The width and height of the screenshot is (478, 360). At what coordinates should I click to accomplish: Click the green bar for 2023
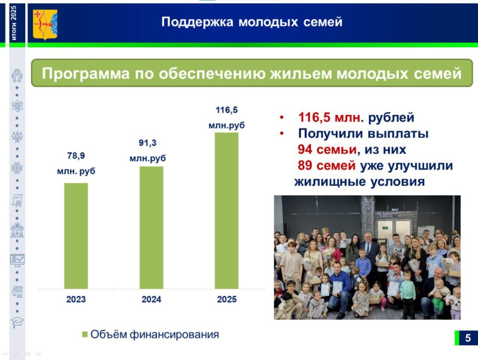[76, 236]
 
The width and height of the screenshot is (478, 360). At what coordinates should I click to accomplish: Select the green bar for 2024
[151, 227]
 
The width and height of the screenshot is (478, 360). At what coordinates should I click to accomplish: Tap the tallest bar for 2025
[227, 210]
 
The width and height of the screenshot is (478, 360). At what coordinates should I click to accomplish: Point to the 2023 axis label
[76, 300]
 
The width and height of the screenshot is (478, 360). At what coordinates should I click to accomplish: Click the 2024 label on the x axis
[151, 300]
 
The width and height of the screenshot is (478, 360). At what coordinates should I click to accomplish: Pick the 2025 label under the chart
[227, 300]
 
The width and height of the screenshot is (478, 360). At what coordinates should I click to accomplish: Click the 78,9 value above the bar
[76, 156]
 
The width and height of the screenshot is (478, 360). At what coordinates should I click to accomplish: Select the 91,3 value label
[147, 143]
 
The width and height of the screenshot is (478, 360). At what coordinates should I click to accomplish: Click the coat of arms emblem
[45, 24]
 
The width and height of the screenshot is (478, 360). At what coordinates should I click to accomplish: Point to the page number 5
[468, 338]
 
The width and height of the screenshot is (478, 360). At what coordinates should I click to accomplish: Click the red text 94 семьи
[327, 149]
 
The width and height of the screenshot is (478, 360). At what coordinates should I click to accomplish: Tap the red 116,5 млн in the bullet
[329, 118]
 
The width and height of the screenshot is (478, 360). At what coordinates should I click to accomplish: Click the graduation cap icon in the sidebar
[17, 322]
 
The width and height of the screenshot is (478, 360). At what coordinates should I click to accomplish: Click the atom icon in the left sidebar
[17, 106]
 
